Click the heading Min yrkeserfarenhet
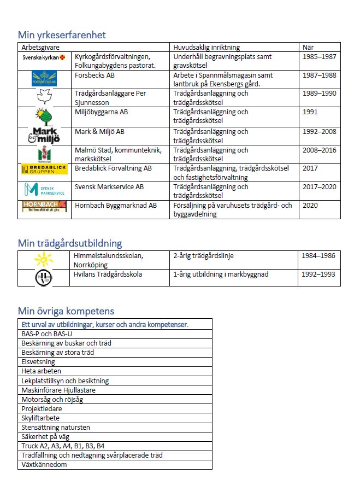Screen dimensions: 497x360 point(62,34)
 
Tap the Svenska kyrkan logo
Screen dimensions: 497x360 point(44,57)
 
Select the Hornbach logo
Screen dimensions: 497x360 point(44,206)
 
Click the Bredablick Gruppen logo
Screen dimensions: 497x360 point(44,169)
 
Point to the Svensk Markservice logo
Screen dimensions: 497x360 point(44,189)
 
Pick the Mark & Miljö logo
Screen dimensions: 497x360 point(44,135)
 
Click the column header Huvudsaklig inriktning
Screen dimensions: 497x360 point(206,47)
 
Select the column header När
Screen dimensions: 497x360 point(308,47)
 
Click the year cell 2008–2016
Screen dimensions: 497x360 point(321,150)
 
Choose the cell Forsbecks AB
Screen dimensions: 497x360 point(95,75)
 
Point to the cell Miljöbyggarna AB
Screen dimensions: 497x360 point(101,112)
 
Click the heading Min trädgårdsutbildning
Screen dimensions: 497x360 point(70,243)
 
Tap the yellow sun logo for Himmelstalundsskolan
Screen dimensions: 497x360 point(43,259)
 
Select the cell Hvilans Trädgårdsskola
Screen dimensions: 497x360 point(108,274)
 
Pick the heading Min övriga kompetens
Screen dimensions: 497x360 point(66,311)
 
